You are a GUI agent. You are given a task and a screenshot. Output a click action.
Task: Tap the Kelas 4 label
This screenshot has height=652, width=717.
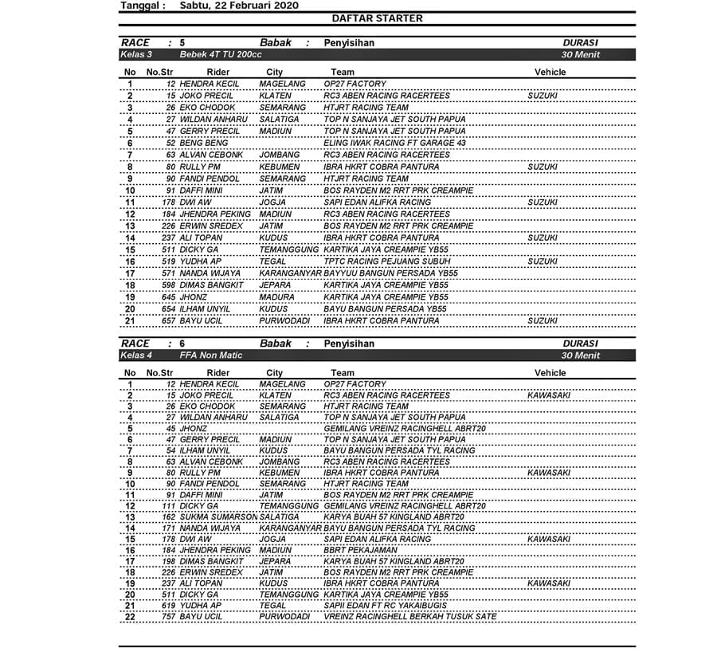pos(136,355)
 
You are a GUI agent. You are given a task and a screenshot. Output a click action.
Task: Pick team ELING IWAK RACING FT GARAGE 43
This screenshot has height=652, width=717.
pos(394,143)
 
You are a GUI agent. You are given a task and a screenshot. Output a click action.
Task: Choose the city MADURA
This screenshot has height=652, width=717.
pos(276,297)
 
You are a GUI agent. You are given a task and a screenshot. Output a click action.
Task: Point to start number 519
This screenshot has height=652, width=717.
pos(169,261)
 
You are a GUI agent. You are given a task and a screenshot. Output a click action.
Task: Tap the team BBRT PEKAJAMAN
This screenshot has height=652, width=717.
pos(359,550)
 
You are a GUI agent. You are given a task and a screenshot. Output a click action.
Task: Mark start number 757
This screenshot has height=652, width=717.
pos(169,617)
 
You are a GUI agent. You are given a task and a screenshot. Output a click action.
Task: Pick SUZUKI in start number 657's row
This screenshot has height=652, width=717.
pos(543,321)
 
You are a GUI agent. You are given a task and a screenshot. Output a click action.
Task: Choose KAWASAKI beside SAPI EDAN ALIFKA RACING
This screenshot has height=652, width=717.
pos(549,539)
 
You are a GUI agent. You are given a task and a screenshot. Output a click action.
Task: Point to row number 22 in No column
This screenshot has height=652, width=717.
pos(130,617)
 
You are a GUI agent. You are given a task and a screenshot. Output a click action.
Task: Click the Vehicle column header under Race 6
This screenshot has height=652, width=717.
pos(550,373)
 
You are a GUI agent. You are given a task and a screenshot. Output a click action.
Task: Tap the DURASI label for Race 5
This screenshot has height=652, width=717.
pos(580,43)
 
